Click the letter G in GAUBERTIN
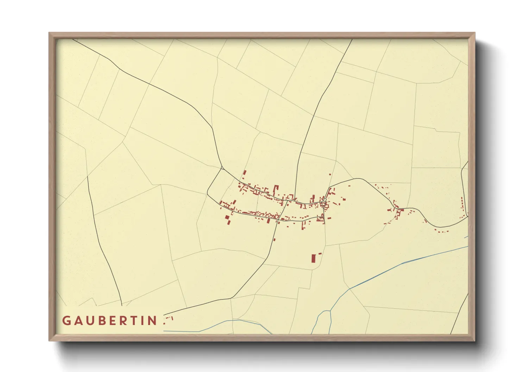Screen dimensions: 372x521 pyautogui.click(x=66, y=321)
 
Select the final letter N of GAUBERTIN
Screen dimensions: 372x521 pyautogui.click(x=153, y=321)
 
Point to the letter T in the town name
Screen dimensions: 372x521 pyautogui.click(x=132, y=321)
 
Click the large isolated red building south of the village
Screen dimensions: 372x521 pyautogui.click(x=313, y=258)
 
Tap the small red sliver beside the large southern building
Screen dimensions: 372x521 pyautogui.click(x=320, y=253)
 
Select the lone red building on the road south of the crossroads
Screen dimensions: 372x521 pyautogui.click(x=274, y=239)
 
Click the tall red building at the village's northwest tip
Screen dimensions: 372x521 pyautogui.click(x=245, y=174)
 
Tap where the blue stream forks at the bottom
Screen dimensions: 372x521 pyautogui.click(x=330, y=311)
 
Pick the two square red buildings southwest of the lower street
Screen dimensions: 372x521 pyautogui.click(x=228, y=220)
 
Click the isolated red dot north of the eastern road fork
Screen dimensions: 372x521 pyautogui.click(x=330, y=174)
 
